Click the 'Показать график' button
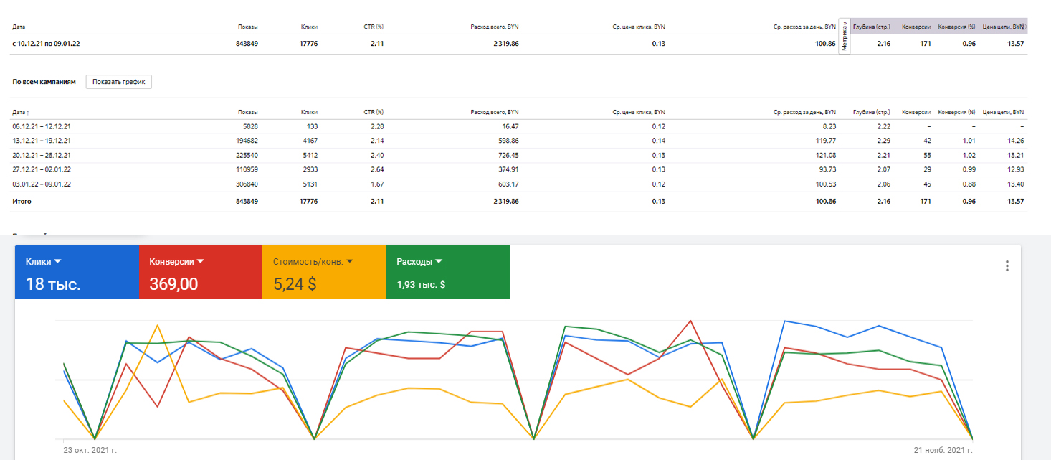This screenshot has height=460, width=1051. (x=119, y=82)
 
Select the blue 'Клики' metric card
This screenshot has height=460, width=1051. (x=77, y=272)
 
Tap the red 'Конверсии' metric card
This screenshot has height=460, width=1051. (x=200, y=272)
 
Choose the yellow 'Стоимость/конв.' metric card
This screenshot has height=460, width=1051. (x=324, y=272)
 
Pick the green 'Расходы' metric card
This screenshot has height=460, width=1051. (x=447, y=272)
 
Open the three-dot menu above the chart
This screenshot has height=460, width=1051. (x=1007, y=266)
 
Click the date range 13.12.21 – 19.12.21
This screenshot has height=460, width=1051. (x=42, y=141)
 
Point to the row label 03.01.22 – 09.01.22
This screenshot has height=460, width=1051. (x=42, y=184)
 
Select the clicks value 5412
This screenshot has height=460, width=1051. (x=310, y=155)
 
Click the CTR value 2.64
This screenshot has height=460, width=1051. (x=377, y=169)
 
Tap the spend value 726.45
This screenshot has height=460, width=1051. (x=508, y=155)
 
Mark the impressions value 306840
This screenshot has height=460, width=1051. (x=247, y=184)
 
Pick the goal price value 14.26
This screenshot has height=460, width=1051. (x=1015, y=141)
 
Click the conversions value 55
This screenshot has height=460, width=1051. (x=927, y=155)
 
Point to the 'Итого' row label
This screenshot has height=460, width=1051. (x=22, y=201)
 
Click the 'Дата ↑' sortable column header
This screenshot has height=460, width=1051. (x=20, y=112)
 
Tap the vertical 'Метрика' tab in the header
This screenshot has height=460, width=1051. (x=844, y=36)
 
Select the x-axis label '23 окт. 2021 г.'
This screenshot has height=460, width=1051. (x=90, y=450)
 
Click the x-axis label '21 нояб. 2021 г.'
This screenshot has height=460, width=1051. (x=943, y=450)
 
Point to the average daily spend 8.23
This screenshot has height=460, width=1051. (x=829, y=126)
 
